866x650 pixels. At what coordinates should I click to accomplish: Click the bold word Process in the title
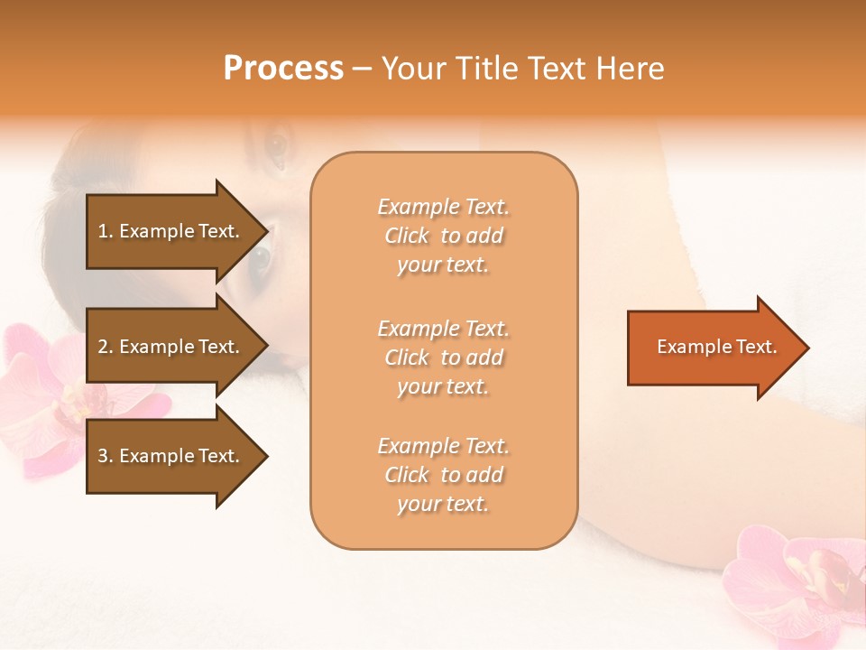283,69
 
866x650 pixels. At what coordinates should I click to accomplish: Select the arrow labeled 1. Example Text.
171,231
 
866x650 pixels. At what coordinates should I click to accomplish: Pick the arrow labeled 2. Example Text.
171,347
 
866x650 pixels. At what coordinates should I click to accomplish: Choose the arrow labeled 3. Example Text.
171,456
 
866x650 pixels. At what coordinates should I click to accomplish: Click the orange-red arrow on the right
713,348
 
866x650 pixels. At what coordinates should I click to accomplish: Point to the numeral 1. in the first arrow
106,231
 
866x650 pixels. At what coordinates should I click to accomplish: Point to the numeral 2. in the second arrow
106,347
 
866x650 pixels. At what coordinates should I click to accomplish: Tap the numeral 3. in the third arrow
106,456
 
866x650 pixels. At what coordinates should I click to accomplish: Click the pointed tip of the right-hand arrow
805,348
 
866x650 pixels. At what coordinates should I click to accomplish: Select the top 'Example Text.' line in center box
443,207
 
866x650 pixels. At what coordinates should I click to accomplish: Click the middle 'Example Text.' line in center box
443,329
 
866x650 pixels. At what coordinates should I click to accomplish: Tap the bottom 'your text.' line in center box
443,504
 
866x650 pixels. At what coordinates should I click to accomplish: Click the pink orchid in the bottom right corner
794,582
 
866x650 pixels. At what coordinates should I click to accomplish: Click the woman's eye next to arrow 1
260,260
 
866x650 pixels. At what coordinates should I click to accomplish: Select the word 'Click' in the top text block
407,236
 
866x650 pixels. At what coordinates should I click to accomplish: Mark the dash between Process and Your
362,70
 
